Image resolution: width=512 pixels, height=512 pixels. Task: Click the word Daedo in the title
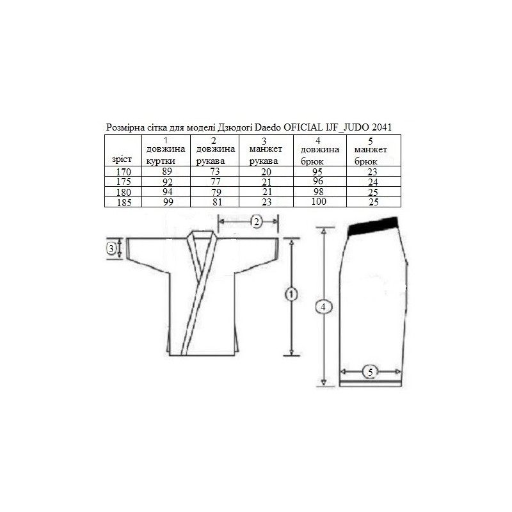pos(268,127)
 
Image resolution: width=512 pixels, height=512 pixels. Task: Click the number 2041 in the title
pos(381,127)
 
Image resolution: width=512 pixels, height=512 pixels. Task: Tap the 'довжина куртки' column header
pos(166,151)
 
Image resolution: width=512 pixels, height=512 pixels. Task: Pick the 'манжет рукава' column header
pos(266,151)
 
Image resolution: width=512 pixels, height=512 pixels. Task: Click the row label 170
pos(124,172)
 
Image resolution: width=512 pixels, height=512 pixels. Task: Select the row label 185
pos(124,202)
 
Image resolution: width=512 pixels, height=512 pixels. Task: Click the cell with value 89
pos(167,172)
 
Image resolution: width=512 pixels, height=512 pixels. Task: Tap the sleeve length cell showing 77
pos(216,182)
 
